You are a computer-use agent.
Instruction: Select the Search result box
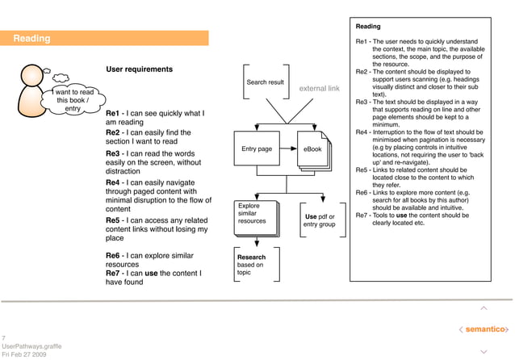265,82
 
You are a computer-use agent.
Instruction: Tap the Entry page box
257,149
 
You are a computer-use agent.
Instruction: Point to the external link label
319,89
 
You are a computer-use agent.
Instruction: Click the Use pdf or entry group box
320,220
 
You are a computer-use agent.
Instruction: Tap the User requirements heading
140,69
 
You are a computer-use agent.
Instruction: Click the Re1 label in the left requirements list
113,114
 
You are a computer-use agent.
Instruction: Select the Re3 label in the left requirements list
113,153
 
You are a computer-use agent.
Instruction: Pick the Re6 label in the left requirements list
113,255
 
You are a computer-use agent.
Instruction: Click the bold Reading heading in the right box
368,27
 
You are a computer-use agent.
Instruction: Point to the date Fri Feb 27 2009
24,354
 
